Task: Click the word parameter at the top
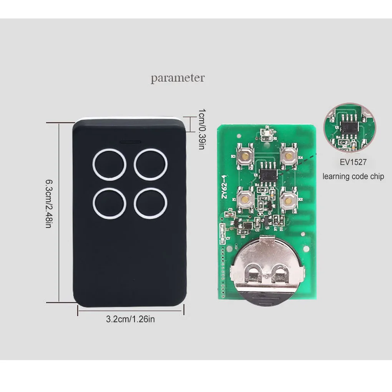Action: click(178, 78)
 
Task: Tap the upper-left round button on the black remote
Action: click(109, 164)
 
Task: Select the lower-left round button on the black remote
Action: click(109, 203)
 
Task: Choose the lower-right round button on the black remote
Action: click(151, 203)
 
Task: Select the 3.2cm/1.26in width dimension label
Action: click(130, 319)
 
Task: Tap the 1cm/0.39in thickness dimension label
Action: click(201, 129)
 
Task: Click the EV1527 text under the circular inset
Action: click(353, 162)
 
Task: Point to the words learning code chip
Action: click(353, 176)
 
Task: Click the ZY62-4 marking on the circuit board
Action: click(225, 186)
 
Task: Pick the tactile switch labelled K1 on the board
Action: click(244, 198)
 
